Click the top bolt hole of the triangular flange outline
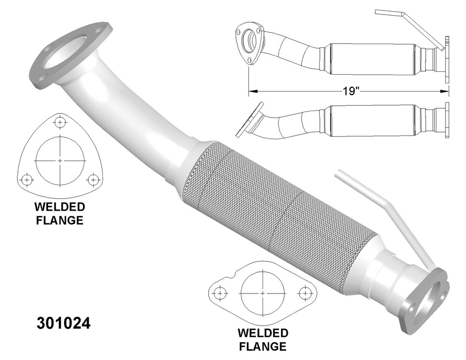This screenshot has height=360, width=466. [x=60, y=123]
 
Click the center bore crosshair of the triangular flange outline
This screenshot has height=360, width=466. [x=60, y=160]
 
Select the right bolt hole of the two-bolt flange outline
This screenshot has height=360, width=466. [x=305, y=293]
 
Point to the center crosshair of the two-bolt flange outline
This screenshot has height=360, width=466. [x=263, y=294]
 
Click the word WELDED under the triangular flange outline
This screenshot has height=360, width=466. [x=60, y=207]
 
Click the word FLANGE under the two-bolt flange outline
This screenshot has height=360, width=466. [x=263, y=346]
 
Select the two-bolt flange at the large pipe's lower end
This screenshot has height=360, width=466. [x=427, y=301]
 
